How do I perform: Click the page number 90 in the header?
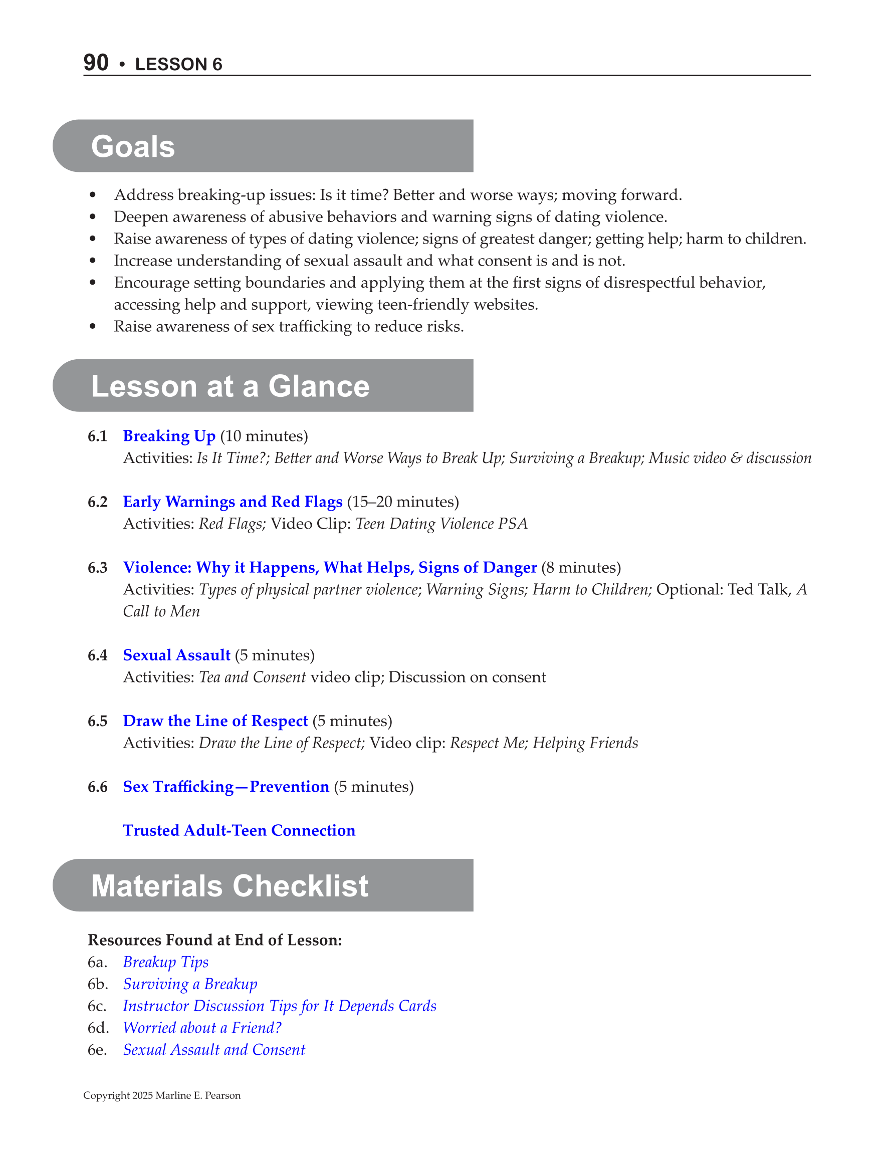pyautogui.click(x=96, y=63)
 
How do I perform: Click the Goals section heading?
pyautogui.click(x=133, y=146)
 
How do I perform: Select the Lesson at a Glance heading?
pyautogui.click(x=230, y=386)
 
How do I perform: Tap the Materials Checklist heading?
pyautogui.click(x=230, y=885)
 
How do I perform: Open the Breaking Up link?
pyautogui.click(x=169, y=436)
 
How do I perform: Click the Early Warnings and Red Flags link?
pyautogui.click(x=233, y=502)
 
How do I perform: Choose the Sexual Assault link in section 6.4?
pyautogui.click(x=176, y=655)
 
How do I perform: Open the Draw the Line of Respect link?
pyautogui.click(x=215, y=721)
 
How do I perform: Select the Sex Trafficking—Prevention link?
pyautogui.click(x=226, y=787)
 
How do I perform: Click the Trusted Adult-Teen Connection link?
pyautogui.click(x=239, y=830)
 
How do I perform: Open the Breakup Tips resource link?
pyautogui.click(x=165, y=962)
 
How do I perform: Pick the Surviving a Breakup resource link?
pyautogui.click(x=190, y=984)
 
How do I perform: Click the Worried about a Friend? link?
pyautogui.click(x=202, y=1028)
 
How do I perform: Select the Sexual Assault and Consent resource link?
pyautogui.click(x=214, y=1049)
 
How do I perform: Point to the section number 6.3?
pyautogui.click(x=98, y=568)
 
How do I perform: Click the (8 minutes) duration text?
pyautogui.click(x=581, y=568)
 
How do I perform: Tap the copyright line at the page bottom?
pyautogui.click(x=162, y=1095)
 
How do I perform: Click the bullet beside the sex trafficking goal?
pyautogui.click(x=93, y=327)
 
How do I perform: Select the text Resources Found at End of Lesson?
pyautogui.click(x=214, y=940)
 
